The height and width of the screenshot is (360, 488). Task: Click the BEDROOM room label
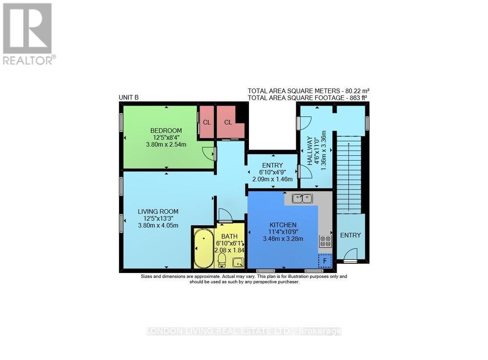tap(166, 130)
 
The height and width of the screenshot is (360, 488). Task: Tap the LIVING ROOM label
tap(158, 212)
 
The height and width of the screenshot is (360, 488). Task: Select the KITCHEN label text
tap(283, 225)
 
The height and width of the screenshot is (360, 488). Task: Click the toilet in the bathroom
tap(222, 259)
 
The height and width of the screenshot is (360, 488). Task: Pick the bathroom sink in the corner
tap(238, 262)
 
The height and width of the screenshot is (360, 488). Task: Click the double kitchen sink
tap(302, 198)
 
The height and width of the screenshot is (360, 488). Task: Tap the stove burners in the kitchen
tap(325, 241)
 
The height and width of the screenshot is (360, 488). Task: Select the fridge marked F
tap(325, 261)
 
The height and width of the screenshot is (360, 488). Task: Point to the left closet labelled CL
tap(207, 122)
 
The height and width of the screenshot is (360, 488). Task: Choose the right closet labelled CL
tap(228, 122)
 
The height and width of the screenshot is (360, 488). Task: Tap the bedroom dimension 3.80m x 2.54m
tap(166, 145)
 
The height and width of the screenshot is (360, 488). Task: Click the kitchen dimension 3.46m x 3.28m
tap(283, 239)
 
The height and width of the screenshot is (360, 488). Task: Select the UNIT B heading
tap(129, 98)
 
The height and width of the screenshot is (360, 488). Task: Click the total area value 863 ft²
tap(357, 98)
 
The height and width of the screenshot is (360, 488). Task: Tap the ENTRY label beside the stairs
tap(350, 235)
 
